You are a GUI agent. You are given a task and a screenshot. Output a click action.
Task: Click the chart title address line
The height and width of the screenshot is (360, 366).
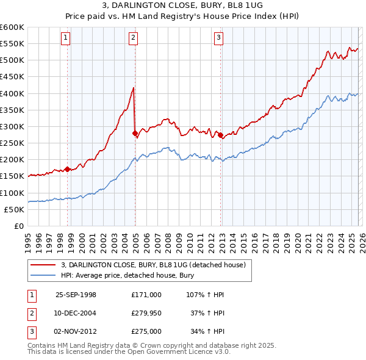tap(184, 6)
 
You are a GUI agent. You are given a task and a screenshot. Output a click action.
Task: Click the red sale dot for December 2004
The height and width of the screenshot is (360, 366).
tap(135, 133)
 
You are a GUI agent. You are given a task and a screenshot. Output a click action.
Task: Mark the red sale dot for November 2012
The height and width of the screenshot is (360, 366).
tap(220, 135)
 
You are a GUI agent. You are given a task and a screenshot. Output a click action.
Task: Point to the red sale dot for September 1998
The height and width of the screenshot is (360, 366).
tap(68, 169)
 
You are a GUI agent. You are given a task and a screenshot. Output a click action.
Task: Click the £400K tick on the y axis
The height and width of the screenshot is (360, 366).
tap(12, 93)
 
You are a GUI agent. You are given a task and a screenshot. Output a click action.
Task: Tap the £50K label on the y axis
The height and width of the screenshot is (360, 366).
tap(14, 209)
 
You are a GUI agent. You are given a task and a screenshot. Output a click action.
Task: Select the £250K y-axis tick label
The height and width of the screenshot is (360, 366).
tap(12, 143)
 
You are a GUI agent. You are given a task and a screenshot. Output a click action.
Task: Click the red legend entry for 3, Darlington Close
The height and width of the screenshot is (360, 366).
tap(152, 265)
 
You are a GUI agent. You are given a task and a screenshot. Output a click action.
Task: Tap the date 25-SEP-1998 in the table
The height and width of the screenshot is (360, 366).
tap(76, 295)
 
